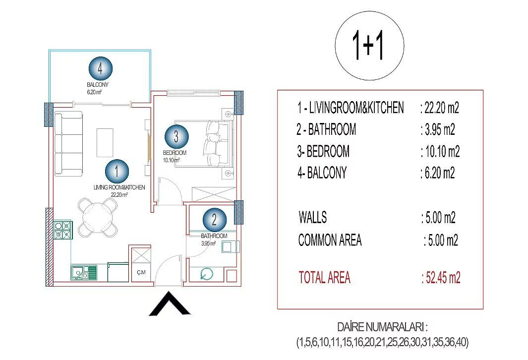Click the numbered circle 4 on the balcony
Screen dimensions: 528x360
pos(100,69)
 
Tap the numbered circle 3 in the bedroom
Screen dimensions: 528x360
pos(176,136)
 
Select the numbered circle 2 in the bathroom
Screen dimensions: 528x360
pos(215,220)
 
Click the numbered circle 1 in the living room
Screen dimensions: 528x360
pos(117,171)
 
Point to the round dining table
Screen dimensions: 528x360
pos(98,217)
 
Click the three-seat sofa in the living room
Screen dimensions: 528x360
pos(68,144)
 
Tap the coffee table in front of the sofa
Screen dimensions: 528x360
pos(105,142)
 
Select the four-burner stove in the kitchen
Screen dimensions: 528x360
pos(63,230)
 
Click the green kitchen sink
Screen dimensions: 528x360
pos(83,273)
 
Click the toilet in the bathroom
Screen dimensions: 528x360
pos(206,274)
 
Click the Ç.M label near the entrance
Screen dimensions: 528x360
pos(141,272)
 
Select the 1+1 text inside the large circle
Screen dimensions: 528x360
pos(368,46)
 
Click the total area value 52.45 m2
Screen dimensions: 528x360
pos(441,278)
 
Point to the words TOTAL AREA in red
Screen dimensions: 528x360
pos(325,278)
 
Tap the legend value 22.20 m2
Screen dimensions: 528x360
pos(440,108)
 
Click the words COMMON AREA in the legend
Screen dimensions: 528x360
pos(330,240)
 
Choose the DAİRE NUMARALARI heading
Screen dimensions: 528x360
pos(383,327)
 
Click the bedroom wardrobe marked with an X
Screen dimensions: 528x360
pos(214,194)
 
